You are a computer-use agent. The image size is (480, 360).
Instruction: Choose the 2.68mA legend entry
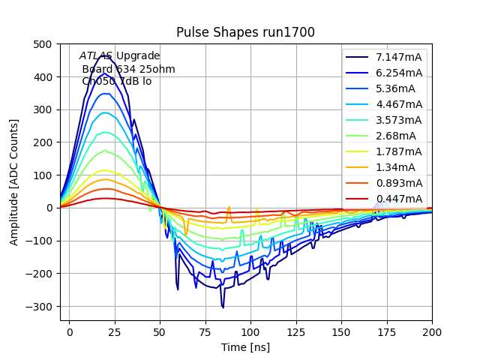click(396, 136)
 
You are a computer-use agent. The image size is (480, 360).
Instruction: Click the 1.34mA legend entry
click(396, 167)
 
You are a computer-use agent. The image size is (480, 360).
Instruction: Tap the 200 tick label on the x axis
click(432, 331)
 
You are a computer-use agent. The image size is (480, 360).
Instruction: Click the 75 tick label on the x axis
click(205, 331)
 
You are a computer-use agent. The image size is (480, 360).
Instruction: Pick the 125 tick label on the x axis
click(296, 331)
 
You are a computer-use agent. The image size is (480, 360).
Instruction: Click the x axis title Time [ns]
click(245, 347)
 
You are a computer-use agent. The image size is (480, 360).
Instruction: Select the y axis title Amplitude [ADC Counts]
click(14, 182)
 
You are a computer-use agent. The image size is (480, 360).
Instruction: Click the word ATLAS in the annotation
click(96, 56)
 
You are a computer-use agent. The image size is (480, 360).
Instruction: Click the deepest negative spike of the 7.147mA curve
click(223, 307)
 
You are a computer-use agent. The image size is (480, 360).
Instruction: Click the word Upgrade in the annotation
click(138, 56)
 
